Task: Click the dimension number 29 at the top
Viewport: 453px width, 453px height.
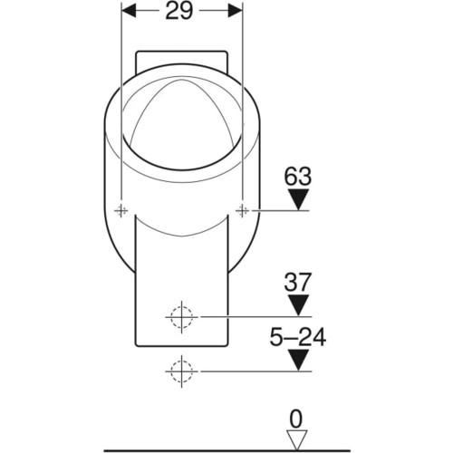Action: click(x=178, y=11)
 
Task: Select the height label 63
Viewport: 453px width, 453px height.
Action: click(x=297, y=177)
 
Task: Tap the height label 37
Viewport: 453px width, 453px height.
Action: click(x=297, y=282)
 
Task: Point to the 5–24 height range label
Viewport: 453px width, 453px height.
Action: click(x=298, y=337)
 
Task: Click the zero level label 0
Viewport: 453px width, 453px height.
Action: click(x=296, y=419)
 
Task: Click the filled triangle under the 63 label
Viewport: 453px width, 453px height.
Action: click(x=298, y=199)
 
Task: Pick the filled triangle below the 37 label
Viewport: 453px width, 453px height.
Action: click(x=298, y=305)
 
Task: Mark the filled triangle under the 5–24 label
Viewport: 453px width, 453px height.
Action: click(x=298, y=360)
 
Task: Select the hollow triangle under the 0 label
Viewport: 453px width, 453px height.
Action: click(x=297, y=439)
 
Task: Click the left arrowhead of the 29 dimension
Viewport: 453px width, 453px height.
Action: click(x=129, y=11)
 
